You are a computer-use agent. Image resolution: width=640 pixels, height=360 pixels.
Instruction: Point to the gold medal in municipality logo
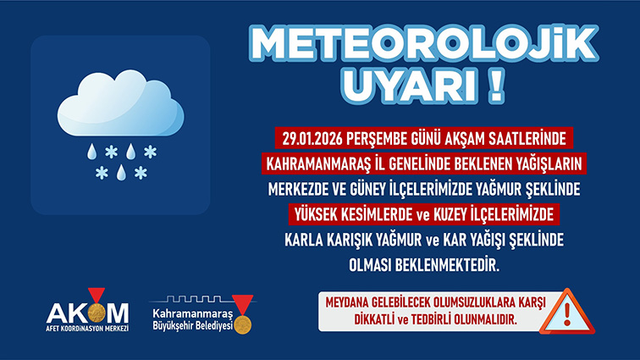(243, 324)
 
